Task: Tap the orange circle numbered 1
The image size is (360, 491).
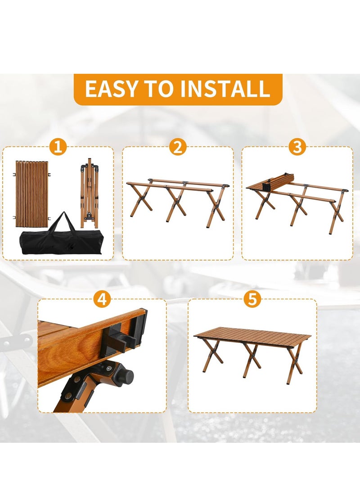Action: point(58,147)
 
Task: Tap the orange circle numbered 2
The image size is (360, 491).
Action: point(178,147)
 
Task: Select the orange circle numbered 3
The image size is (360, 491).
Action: point(297,147)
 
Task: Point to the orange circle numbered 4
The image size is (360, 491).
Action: point(102,299)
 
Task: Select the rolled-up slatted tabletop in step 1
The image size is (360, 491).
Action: point(31,194)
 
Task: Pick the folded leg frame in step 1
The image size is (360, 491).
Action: point(89,194)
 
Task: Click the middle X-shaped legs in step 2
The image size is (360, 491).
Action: point(175,203)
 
